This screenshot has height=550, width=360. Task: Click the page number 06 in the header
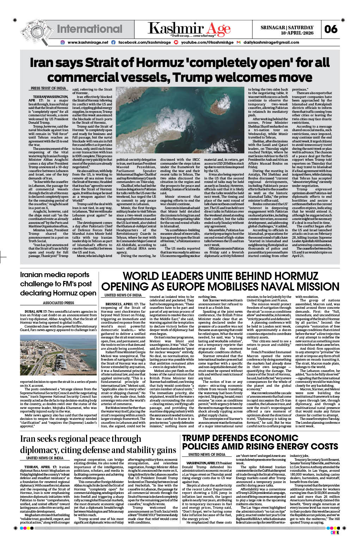[331, 29]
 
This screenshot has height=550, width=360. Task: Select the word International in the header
[90, 29]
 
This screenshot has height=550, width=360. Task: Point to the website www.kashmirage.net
[88, 42]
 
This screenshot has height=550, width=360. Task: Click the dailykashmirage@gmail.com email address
[271, 42]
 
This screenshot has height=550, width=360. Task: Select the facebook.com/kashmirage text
[144, 42]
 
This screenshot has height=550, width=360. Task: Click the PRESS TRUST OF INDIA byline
[48, 88]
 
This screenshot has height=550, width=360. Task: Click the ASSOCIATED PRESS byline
[59, 303]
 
